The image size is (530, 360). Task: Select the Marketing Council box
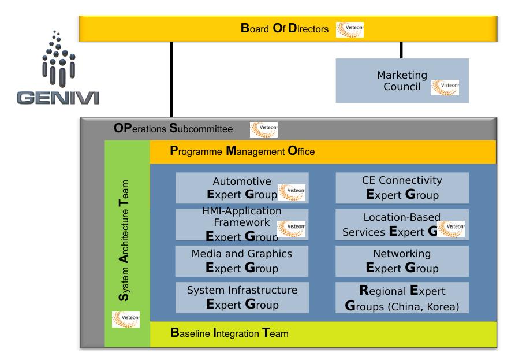click(x=402, y=81)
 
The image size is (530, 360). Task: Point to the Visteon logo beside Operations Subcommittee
click(x=264, y=129)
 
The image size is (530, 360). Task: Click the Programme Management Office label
click(x=242, y=153)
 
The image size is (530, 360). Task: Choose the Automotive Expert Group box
click(x=234, y=188)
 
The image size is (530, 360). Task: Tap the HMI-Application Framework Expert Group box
click(x=234, y=224)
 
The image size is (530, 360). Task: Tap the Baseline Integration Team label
click(x=229, y=333)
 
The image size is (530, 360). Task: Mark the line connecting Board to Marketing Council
click(x=401, y=50)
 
